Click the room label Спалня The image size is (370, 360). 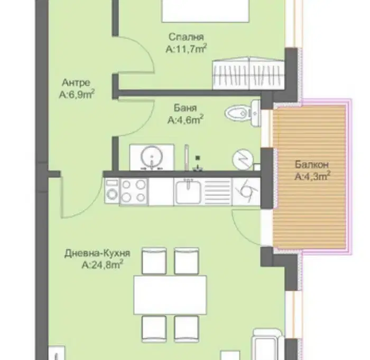pos(186,37)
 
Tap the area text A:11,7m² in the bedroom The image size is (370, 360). pos(186,49)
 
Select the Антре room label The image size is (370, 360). pos(76,82)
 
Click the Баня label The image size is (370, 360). pos(185,108)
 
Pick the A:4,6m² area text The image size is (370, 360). pos(186,119)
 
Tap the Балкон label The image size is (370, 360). pos(312,165)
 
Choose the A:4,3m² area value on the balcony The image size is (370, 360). pos(312,176)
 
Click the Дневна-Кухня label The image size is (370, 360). pos(97,253)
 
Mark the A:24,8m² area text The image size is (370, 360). pos(103,264)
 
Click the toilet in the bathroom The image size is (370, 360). pos(243,113)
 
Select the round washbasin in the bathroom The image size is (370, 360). pos(152,156)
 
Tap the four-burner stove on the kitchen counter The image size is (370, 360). pos(134,191)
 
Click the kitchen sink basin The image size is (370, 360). pos(188,192)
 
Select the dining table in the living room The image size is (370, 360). pos(170,295)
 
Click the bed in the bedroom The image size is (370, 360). pos(205,11)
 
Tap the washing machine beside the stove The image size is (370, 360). pos(112,191)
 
